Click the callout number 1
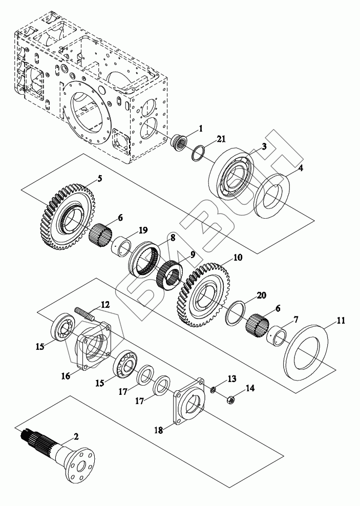201,129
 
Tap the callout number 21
221,139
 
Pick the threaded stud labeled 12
84,313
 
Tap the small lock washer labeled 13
213,390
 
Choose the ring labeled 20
237,313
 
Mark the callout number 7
295,320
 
